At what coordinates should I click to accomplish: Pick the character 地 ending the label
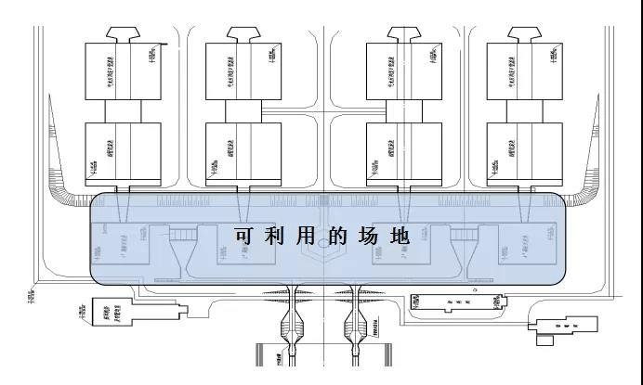401,237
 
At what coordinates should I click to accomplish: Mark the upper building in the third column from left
403,71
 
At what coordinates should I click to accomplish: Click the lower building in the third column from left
403,150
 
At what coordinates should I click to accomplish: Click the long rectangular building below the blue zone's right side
459,303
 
